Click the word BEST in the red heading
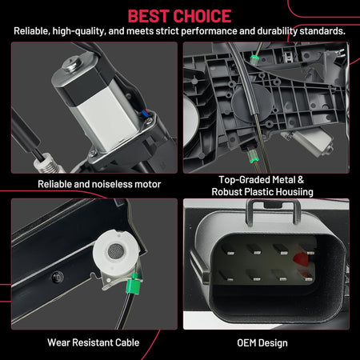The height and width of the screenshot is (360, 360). click(x=150, y=16)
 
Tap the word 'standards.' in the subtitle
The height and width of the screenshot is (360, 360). click(x=322, y=31)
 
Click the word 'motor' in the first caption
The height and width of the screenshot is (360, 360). click(x=148, y=184)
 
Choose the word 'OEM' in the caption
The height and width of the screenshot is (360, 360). click(x=246, y=343)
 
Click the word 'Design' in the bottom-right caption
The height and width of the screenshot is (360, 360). click(x=273, y=343)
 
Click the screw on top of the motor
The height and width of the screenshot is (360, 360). click(x=73, y=64)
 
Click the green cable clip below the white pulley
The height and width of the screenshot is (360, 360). click(x=133, y=283)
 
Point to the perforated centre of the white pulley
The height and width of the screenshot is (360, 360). click(x=116, y=250)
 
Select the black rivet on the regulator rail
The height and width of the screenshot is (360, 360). click(x=57, y=277)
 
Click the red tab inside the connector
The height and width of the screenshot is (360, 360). click(x=300, y=259)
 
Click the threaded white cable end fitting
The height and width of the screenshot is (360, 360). click(x=48, y=163)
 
